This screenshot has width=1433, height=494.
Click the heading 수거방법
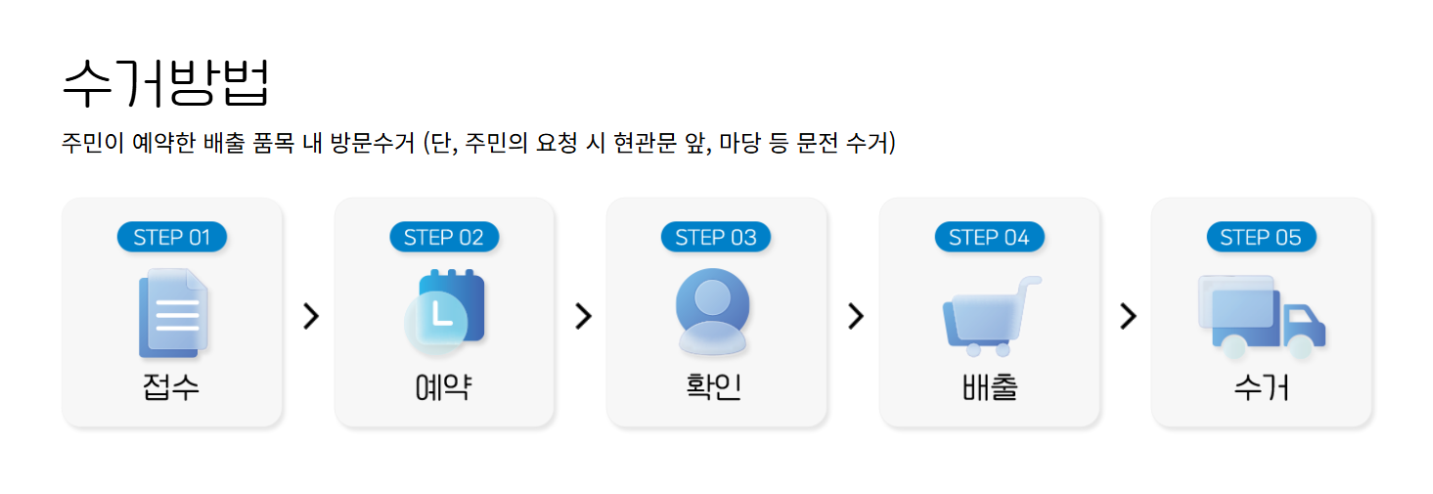(165, 82)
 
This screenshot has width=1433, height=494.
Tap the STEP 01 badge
(172, 237)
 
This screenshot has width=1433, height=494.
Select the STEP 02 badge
(444, 237)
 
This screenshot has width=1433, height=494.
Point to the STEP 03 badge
(716, 237)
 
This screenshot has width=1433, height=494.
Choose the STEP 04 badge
(989, 237)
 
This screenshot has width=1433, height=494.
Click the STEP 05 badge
(1261, 237)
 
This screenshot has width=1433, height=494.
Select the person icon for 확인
(713, 310)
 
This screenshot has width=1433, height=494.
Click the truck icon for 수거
(1261, 314)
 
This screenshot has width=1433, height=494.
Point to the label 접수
(171, 387)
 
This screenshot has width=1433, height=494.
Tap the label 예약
(444, 387)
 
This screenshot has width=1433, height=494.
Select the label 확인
(715, 386)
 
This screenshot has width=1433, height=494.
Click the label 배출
(989, 387)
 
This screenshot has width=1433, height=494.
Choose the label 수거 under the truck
(1261, 387)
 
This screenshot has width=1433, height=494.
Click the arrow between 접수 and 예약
(311, 316)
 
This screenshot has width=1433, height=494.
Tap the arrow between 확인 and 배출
(856, 316)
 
